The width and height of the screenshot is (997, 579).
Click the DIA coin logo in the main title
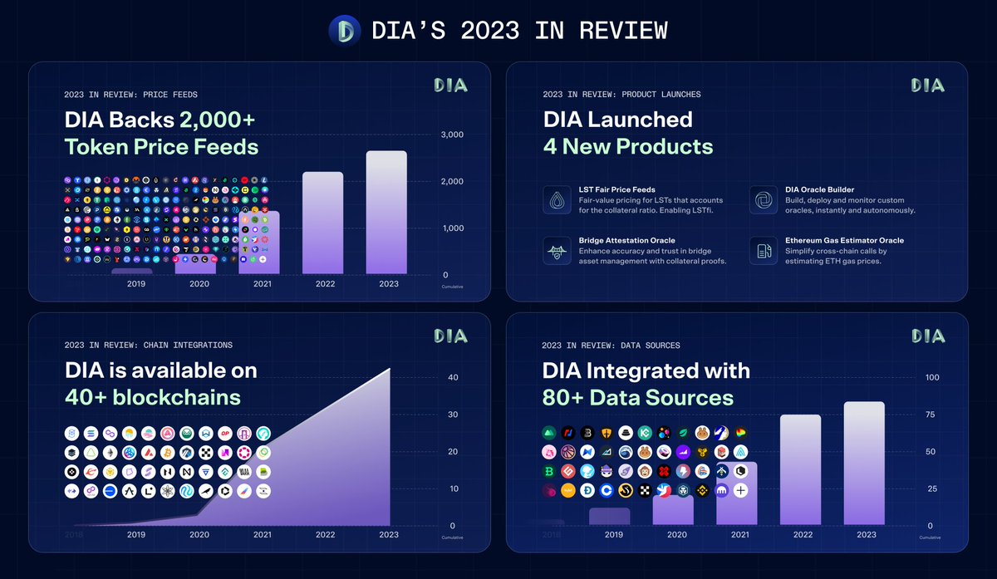coord(345,31)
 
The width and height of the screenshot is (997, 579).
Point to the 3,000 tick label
coord(451,135)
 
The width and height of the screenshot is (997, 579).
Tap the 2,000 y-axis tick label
coord(451,181)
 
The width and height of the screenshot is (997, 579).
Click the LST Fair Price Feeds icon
coord(557,201)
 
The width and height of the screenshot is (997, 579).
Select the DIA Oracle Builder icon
coord(763,201)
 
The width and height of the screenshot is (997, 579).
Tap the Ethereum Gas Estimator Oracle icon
coord(763,251)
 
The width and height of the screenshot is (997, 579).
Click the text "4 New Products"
coord(627,147)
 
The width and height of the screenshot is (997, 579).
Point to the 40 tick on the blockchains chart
coord(453,378)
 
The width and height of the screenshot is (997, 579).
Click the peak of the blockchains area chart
coord(389,370)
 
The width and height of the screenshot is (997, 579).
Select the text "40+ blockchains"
coord(153,397)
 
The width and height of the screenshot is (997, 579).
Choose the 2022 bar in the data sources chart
coord(800,470)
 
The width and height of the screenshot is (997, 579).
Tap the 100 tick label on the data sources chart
coord(932,378)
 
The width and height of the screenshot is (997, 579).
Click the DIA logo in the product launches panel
coord(927,86)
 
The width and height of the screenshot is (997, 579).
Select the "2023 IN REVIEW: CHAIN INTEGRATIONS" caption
coord(148,345)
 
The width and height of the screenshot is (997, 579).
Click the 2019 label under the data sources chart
coord(614,535)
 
